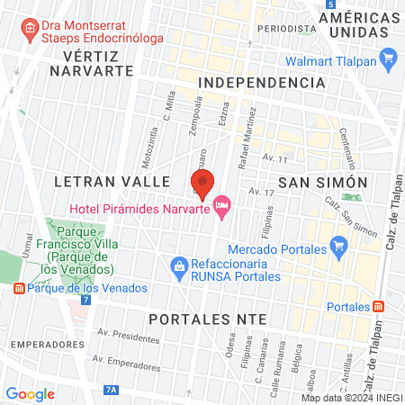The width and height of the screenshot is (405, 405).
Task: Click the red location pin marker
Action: [202, 184]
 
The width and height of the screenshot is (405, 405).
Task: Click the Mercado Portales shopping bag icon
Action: [338, 245]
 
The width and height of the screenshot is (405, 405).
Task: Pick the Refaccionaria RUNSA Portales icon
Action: [179, 266]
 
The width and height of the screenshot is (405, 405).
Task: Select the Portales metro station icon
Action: [378, 306]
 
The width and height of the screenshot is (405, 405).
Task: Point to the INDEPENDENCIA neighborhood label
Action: [261, 82]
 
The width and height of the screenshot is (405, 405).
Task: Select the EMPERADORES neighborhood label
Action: [42, 344]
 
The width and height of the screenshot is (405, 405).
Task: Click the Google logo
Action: [31, 393]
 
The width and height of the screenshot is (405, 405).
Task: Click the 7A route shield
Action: [111, 390]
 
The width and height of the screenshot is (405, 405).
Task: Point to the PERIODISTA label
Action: [284, 28]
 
